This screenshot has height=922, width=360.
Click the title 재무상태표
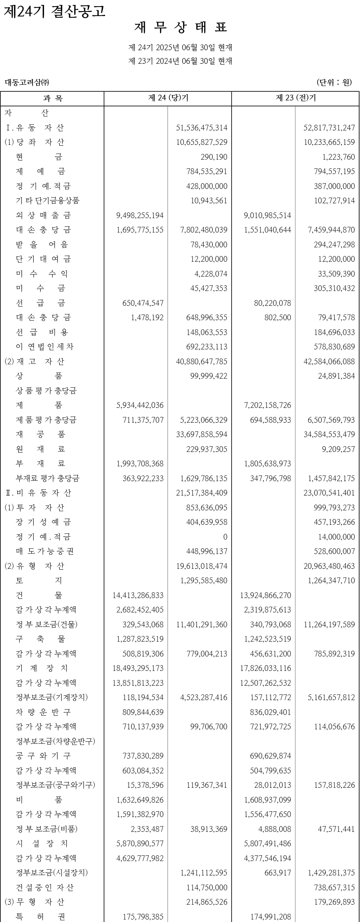pyautogui.click(x=180, y=28)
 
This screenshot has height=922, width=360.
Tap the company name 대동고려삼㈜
pyautogui.click(x=27, y=82)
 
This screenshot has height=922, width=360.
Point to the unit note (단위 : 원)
pyautogui.click(x=334, y=82)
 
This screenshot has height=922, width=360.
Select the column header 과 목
pyautogui.click(x=52, y=98)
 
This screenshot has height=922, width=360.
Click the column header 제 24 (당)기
pyautogui.click(x=168, y=98)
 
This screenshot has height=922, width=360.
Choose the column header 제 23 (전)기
pyautogui.click(x=295, y=98)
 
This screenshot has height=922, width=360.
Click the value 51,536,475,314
pyautogui.click(x=202, y=128)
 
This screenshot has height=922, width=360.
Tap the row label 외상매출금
pyautogui.click(x=43, y=215)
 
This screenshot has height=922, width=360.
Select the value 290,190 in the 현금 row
pyautogui.click(x=214, y=157)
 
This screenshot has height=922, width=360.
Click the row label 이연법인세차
pyautogui.click(x=45, y=347)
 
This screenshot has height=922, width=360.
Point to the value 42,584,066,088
pyautogui.click(x=329, y=361)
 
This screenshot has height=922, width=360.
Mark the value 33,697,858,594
pyautogui.click(x=202, y=434)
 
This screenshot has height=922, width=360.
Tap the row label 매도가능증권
pyautogui.click(x=45, y=551)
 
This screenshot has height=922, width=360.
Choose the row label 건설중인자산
pyautogui.click(x=45, y=887)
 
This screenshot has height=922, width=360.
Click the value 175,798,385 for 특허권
pyautogui.click(x=143, y=917)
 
